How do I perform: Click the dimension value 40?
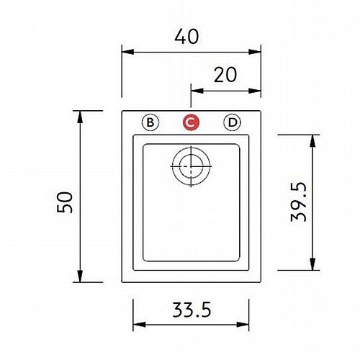pos(186,37)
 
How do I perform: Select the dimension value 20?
pos(225,75)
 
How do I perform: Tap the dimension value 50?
pos(65,202)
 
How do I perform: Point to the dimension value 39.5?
pos(299,202)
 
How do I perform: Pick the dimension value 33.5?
pos(192,310)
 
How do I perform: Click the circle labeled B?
pos(150,122)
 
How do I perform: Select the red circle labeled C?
pos(191,122)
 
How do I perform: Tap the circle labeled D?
pos(232,122)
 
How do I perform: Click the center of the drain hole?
pos(191,166)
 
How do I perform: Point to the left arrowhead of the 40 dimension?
pos(128,52)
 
